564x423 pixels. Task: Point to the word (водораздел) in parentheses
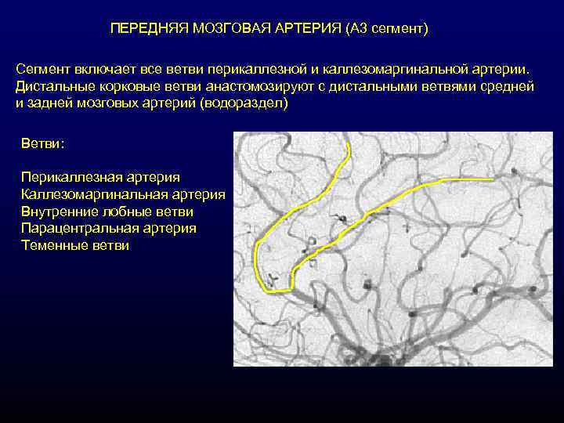(244, 103)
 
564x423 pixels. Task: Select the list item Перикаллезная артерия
(101, 178)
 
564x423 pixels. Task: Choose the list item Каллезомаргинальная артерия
(123, 194)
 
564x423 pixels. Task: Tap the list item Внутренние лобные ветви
(107, 211)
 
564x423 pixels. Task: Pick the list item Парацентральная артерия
(109, 228)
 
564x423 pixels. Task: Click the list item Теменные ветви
(75, 245)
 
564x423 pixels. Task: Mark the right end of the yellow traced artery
(493, 179)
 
